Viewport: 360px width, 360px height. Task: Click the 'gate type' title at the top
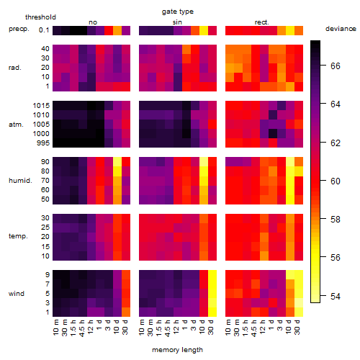click(x=178, y=12)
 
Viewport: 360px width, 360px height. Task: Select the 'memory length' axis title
click(x=177, y=350)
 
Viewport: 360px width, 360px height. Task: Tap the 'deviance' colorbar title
click(x=341, y=29)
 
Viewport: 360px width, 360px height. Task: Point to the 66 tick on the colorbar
click(x=323, y=66)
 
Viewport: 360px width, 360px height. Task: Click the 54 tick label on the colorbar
click(x=336, y=297)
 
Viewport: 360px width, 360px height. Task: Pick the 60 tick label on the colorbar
click(x=336, y=181)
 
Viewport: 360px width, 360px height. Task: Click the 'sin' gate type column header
click(x=177, y=22)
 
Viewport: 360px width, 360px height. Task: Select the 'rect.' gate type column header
click(x=261, y=22)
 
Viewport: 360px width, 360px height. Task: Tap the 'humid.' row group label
click(x=20, y=181)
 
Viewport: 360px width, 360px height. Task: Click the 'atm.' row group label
click(x=16, y=125)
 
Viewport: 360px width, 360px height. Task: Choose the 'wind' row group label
click(x=17, y=294)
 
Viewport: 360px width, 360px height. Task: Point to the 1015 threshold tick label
click(x=41, y=106)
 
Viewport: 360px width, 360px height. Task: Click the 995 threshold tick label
click(x=43, y=143)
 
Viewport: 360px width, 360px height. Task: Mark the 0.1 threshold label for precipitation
click(x=44, y=30)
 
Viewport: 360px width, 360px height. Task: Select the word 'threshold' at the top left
click(x=40, y=17)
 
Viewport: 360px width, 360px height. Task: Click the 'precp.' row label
click(x=19, y=30)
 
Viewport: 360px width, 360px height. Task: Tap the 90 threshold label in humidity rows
click(x=45, y=162)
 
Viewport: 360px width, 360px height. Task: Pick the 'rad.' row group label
click(x=15, y=68)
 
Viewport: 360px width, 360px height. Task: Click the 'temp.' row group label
click(x=18, y=236)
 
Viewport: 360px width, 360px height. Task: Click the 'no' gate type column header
click(x=93, y=22)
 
